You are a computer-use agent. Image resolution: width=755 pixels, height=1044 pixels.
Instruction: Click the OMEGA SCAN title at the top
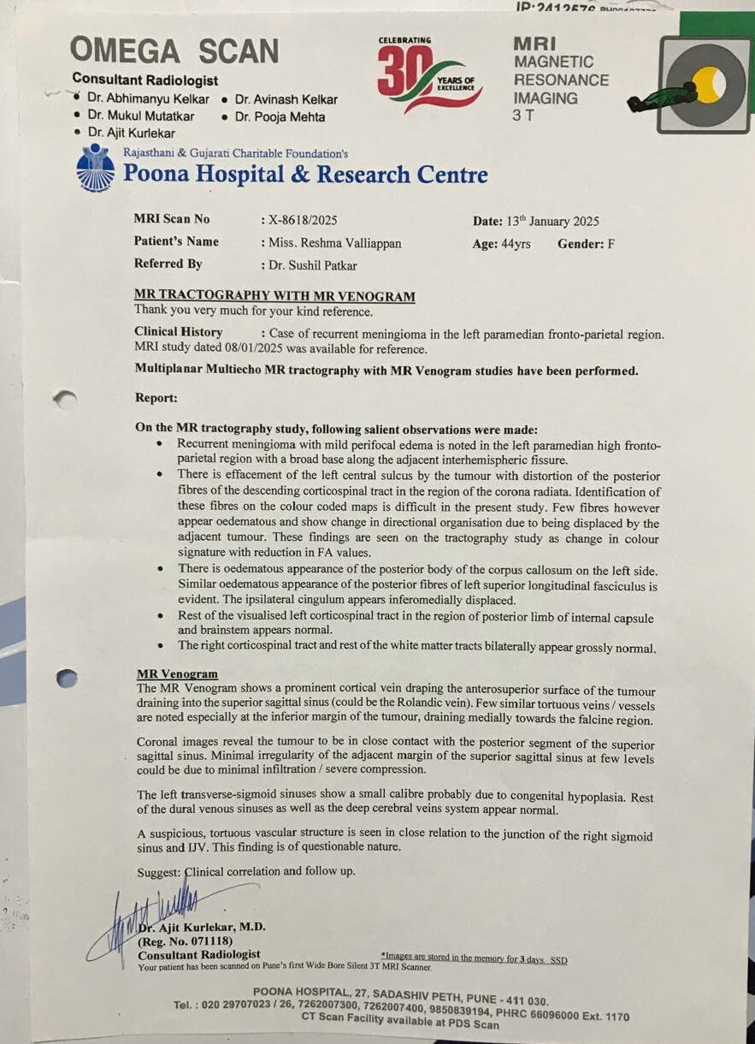175,51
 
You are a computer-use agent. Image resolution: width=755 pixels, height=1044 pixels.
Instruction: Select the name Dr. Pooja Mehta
280,117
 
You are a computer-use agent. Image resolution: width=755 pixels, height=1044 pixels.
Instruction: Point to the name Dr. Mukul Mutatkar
140,116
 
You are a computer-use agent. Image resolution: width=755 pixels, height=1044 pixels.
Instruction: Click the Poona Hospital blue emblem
95,169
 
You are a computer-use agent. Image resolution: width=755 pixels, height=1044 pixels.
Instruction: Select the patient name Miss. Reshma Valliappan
334,243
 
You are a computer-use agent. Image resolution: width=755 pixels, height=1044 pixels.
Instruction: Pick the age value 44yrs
513,244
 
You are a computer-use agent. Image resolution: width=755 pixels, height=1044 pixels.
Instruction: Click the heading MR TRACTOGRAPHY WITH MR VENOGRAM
274,297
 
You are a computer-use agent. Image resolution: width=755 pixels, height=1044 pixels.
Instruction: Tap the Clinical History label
178,332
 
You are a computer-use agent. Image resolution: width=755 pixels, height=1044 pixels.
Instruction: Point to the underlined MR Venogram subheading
177,674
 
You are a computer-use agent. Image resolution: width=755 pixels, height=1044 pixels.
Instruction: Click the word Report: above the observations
156,398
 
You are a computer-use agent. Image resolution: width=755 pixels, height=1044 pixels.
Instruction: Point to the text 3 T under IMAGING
522,116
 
